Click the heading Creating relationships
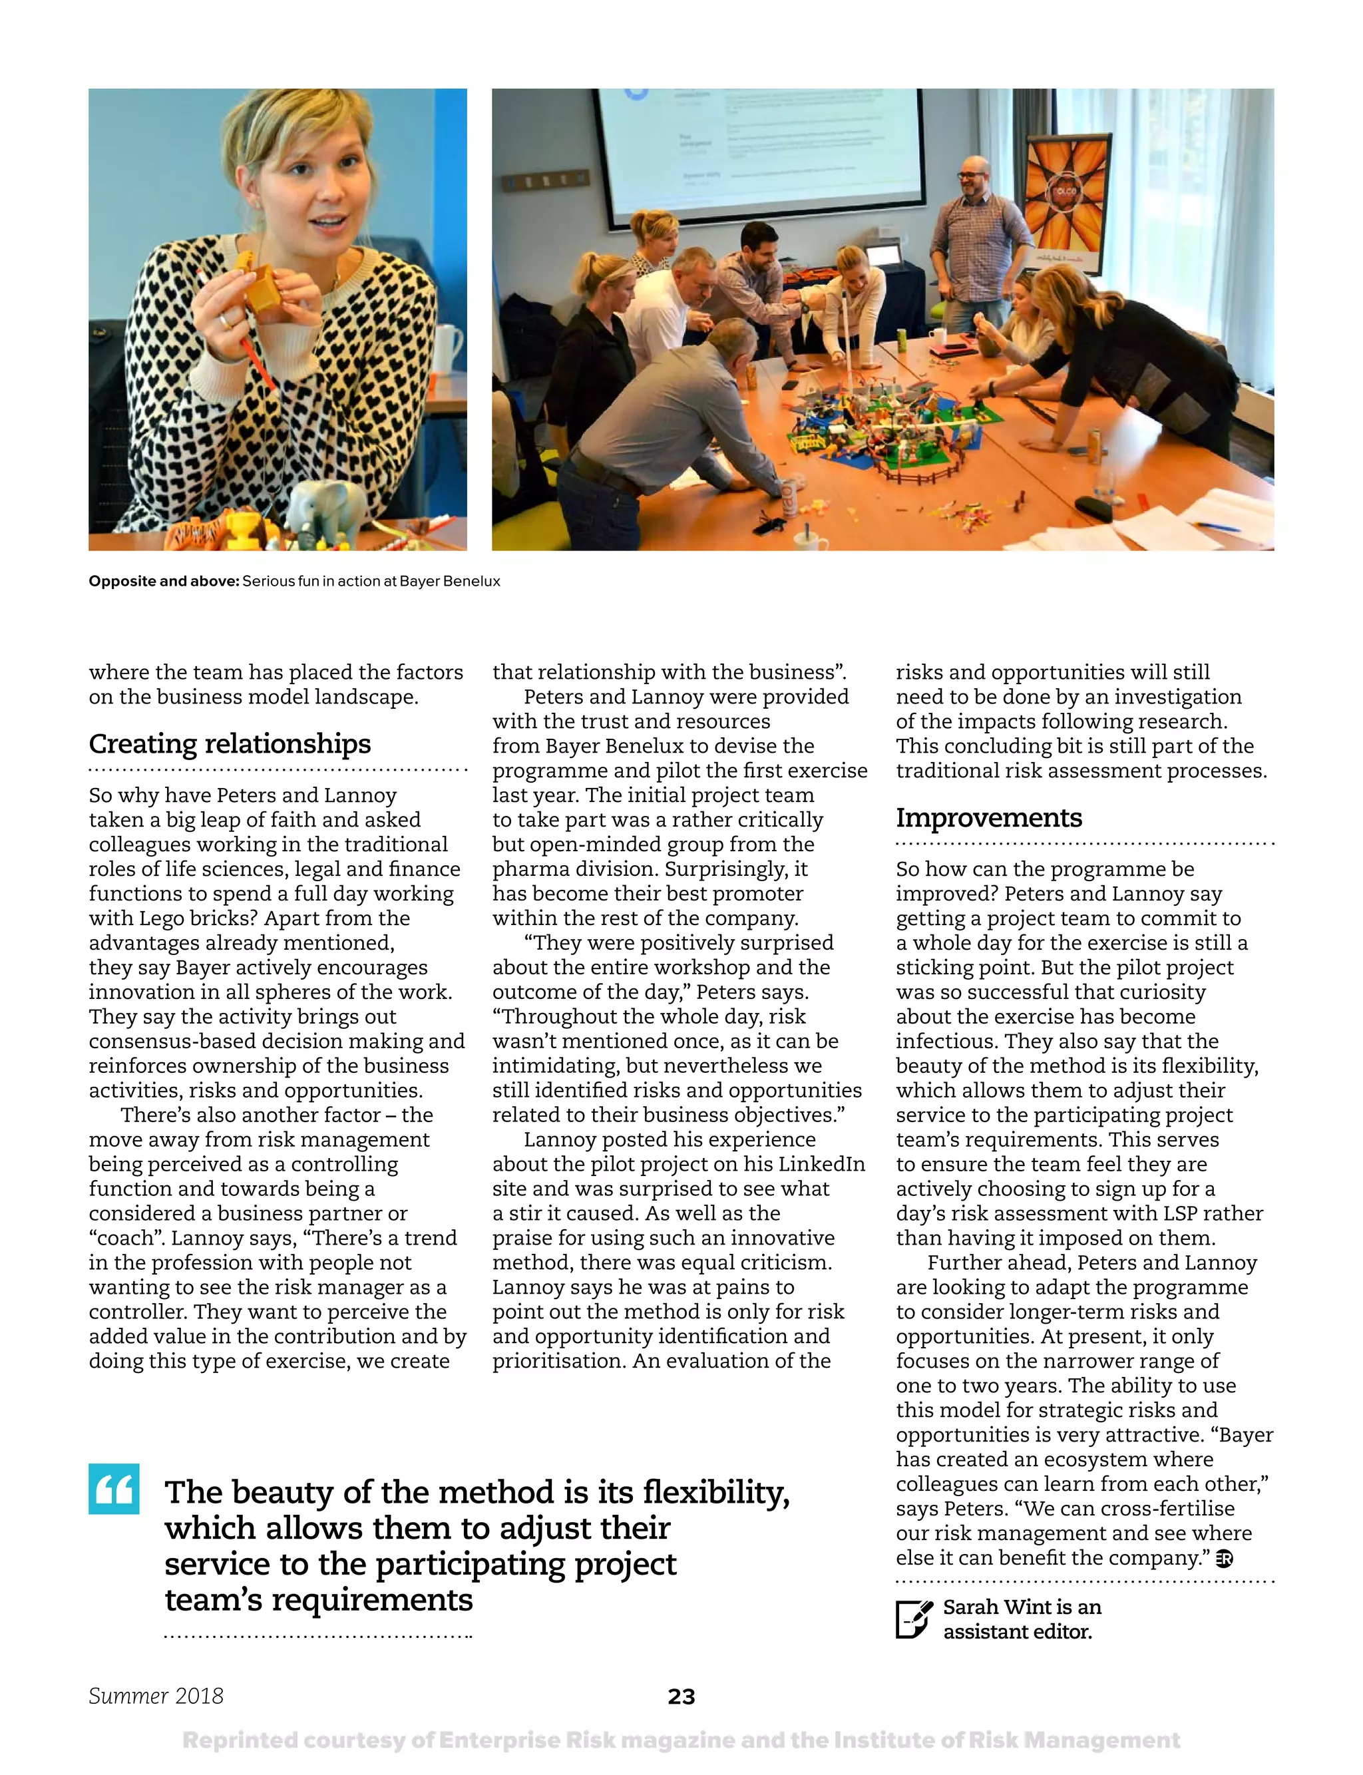click(230, 743)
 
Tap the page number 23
click(681, 1696)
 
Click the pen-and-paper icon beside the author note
click(914, 1619)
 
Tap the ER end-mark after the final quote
click(1225, 1559)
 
